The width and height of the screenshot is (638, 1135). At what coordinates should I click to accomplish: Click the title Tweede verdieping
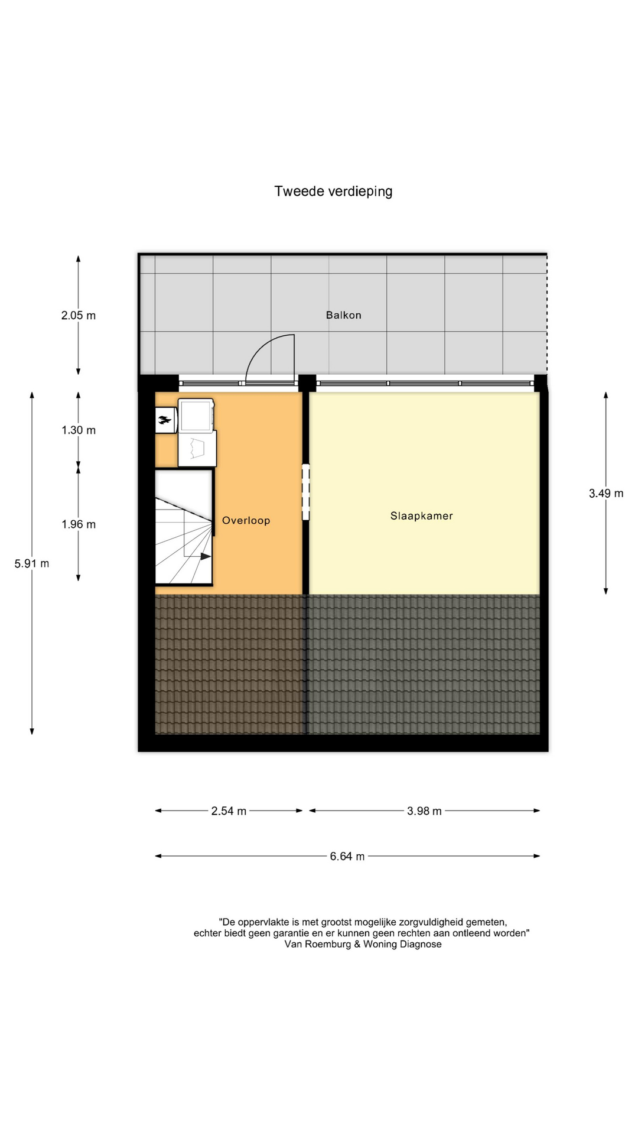coord(333,192)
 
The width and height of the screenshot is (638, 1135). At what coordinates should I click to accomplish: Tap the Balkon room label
coord(343,315)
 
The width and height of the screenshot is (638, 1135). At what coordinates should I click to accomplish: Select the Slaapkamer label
coord(422,515)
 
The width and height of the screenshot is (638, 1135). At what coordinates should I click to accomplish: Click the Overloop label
coord(246,520)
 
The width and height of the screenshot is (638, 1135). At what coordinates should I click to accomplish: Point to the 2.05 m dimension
coord(79,315)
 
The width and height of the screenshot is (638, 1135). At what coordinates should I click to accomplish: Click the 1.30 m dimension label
coord(79,430)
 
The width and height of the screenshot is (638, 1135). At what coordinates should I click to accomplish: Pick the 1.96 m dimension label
coord(79,524)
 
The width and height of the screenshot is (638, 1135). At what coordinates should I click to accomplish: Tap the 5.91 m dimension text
coord(32,563)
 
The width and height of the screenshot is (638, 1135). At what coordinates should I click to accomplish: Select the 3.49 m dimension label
coord(606,493)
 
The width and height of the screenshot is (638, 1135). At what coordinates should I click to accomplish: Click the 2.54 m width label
coord(229,811)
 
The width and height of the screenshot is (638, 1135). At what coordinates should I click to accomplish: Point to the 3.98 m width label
coord(424,811)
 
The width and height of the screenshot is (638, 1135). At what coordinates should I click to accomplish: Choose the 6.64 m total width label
coord(347,856)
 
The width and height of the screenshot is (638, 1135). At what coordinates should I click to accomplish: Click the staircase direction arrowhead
coord(206,556)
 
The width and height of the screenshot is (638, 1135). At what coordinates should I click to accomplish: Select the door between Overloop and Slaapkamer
coord(306,492)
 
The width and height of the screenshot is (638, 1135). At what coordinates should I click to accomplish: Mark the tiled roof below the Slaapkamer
coord(424,664)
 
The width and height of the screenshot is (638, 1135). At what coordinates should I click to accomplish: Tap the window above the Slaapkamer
coord(425,383)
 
